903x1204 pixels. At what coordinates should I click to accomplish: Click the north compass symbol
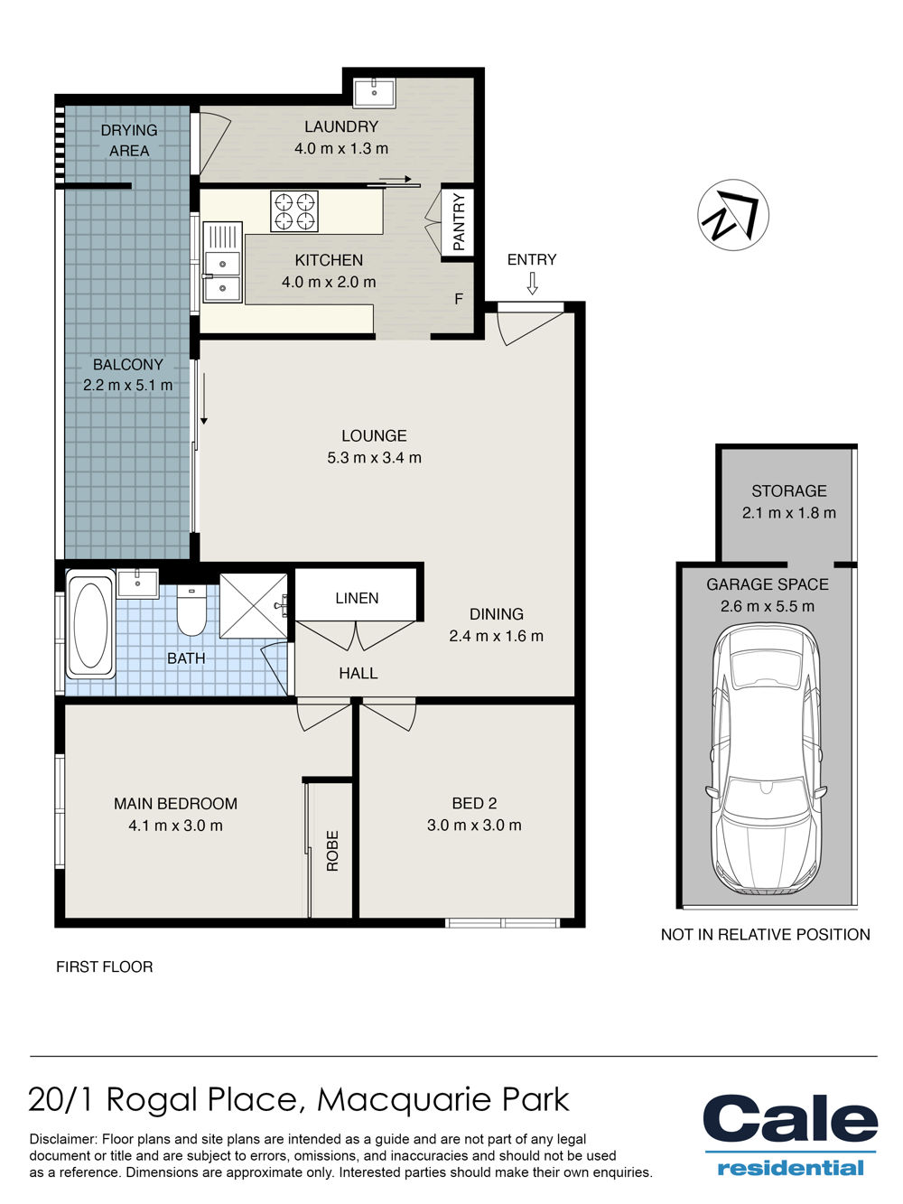click(732, 215)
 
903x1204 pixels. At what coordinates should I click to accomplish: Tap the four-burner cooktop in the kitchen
click(293, 211)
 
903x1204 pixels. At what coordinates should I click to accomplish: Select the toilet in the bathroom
click(191, 611)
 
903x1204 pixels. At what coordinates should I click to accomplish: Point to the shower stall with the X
click(254, 605)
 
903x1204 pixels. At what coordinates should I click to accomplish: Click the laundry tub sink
click(374, 92)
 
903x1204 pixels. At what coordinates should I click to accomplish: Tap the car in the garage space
click(766, 761)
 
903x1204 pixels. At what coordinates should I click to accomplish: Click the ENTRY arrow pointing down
click(531, 283)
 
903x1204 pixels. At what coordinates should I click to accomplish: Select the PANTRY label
click(459, 221)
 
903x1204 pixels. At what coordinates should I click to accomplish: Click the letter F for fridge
click(459, 298)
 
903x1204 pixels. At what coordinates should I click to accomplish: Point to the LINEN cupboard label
click(357, 598)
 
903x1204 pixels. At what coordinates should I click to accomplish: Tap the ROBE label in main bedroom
click(332, 851)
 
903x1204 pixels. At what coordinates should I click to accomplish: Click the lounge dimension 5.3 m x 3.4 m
click(374, 457)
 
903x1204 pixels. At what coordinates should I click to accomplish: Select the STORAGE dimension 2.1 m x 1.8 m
click(788, 513)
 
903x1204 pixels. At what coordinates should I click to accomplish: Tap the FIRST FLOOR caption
click(104, 966)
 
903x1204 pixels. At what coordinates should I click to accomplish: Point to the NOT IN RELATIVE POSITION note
click(765, 934)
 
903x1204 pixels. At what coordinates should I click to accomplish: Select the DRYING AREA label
click(129, 140)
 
